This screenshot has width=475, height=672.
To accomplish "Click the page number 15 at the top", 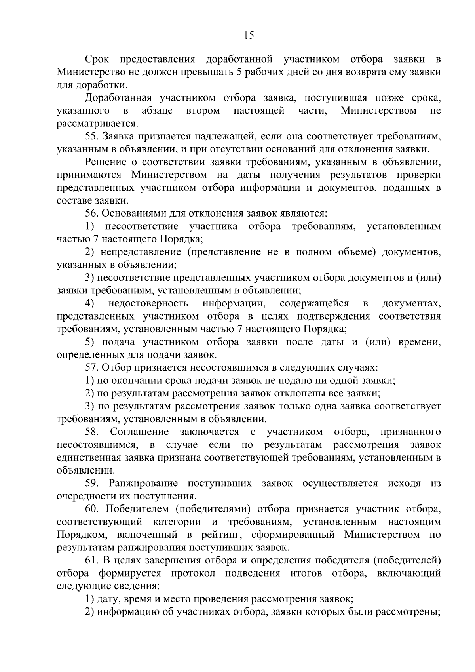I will (x=249, y=36).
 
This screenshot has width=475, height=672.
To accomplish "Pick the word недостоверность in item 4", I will (x=148, y=303).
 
